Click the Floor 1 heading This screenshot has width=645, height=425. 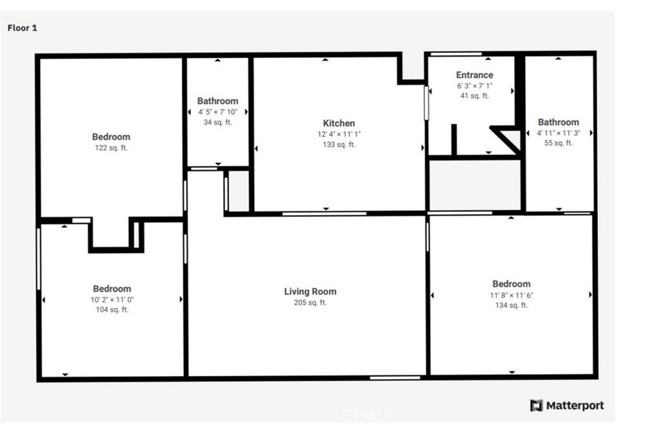[x=22, y=28]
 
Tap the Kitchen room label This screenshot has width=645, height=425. [x=339, y=123]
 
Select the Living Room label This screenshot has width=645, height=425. [x=310, y=292]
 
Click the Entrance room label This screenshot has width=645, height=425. [x=474, y=75]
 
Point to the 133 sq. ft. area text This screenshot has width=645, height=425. [x=339, y=144]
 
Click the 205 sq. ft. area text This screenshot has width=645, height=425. [x=310, y=303]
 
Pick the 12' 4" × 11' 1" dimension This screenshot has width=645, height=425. [x=339, y=135]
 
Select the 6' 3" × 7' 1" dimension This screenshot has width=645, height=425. [x=474, y=86]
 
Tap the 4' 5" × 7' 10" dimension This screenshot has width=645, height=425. [x=217, y=111]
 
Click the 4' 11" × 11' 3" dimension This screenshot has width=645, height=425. [x=558, y=133]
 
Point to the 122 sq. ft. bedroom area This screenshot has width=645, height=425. [x=111, y=148]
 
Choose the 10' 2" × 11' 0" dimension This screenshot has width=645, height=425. [x=112, y=300]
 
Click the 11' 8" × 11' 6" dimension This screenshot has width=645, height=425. [x=511, y=295]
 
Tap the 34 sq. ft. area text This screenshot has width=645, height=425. [x=217, y=122]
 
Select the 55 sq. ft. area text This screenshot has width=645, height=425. [x=558, y=143]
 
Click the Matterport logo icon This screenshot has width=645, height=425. [x=537, y=406]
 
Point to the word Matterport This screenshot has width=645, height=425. [x=575, y=406]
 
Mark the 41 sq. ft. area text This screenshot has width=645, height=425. [x=474, y=96]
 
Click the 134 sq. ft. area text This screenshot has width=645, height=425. [x=511, y=305]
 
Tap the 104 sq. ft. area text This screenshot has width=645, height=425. [x=112, y=310]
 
